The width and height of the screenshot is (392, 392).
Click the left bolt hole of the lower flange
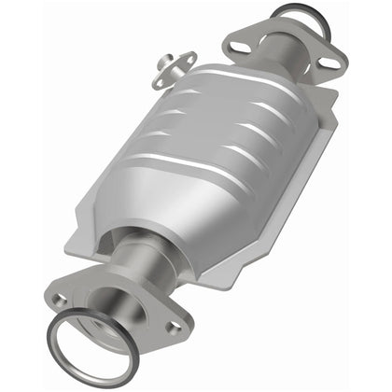pos(61,300)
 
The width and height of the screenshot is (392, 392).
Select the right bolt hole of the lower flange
pos(173,327)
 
